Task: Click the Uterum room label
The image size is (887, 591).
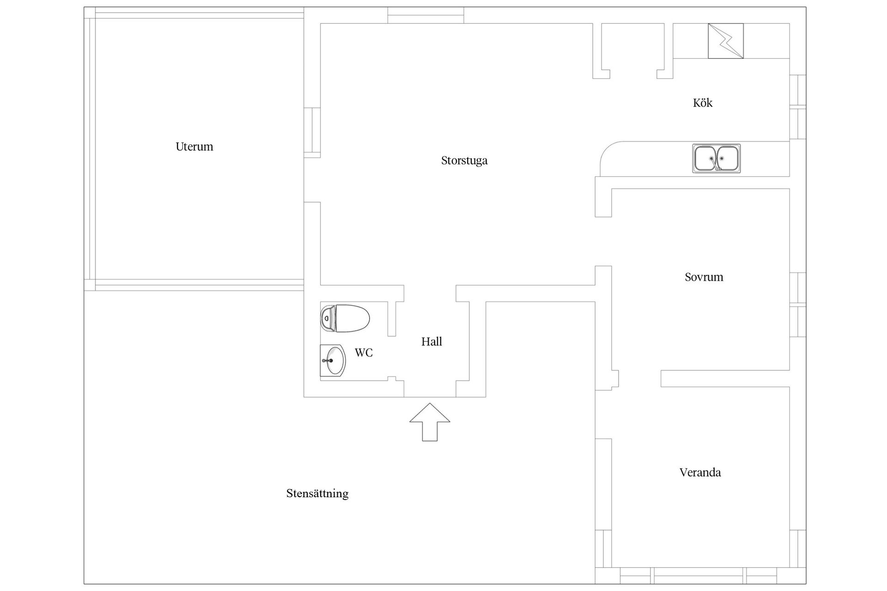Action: click(x=194, y=147)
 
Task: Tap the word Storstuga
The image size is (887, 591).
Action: click(x=464, y=161)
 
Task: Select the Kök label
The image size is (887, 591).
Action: click(x=703, y=103)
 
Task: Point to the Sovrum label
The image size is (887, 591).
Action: click(x=704, y=277)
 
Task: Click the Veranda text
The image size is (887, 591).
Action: click(x=700, y=472)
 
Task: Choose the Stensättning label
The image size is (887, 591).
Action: click(x=317, y=494)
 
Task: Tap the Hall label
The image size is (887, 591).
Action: click(x=431, y=342)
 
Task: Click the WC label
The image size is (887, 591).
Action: click(x=364, y=353)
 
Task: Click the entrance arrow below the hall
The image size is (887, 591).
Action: click(x=430, y=422)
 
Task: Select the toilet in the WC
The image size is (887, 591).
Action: click(x=345, y=318)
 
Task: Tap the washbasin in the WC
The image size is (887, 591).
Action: click(x=333, y=361)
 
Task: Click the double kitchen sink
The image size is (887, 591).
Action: click(x=716, y=159)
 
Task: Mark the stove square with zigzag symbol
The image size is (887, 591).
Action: click(x=726, y=41)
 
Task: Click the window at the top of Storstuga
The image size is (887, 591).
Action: click(x=425, y=15)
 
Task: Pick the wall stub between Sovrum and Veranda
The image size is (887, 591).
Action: click(x=725, y=379)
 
